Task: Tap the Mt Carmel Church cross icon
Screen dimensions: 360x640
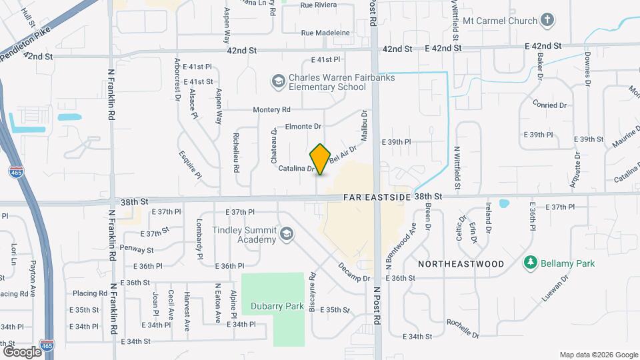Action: (x=547, y=20)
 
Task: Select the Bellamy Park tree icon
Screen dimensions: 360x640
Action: (x=531, y=263)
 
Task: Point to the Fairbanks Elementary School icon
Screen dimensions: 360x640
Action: (x=277, y=82)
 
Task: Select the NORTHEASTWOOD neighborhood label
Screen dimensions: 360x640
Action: (x=461, y=264)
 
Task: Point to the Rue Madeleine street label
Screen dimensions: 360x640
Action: (x=325, y=33)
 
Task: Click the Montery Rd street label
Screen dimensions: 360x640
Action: (x=271, y=109)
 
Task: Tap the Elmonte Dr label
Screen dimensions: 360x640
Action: (x=303, y=126)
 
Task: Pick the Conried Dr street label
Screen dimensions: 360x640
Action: (x=549, y=105)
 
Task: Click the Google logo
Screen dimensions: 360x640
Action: (x=22, y=351)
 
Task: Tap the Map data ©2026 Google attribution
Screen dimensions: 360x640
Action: (x=598, y=355)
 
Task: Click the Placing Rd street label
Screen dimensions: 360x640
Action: (x=89, y=293)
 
